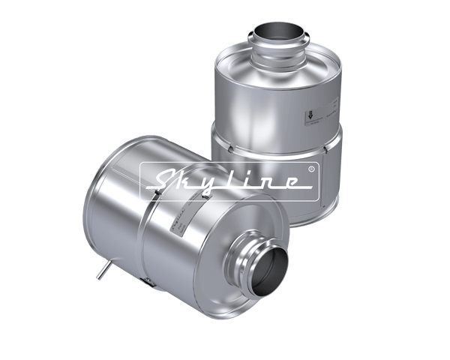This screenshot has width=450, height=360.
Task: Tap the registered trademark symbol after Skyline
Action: (x=311, y=169)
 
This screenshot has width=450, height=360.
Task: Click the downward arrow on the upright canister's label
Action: (x=309, y=116)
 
